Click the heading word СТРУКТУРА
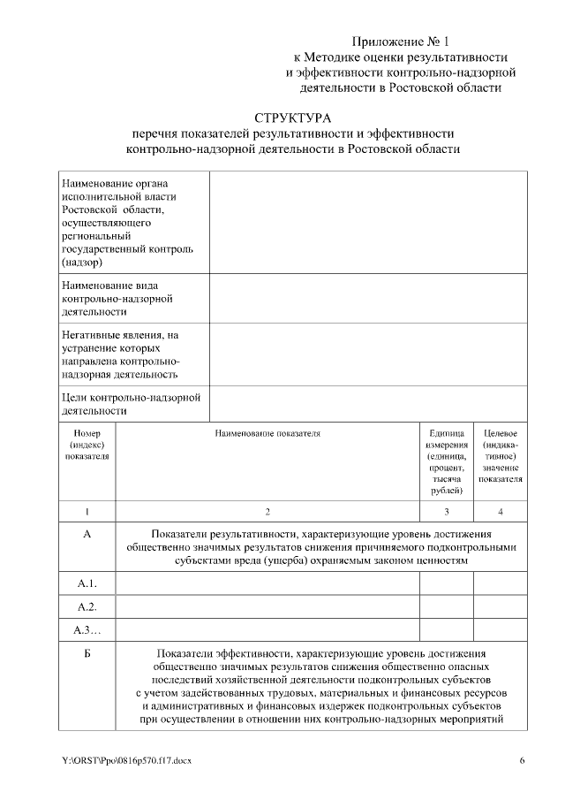(x=292, y=118)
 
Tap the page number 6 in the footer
(x=522, y=760)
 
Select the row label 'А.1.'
(x=87, y=583)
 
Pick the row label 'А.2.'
(x=87, y=606)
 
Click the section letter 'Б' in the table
(x=87, y=653)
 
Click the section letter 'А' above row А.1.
(x=87, y=534)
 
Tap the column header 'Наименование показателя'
(x=267, y=434)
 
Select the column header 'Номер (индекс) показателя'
(x=87, y=446)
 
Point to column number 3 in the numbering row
(x=446, y=512)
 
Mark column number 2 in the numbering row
(x=267, y=512)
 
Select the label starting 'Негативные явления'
(x=121, y=354)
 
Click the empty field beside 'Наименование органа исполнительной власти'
(x=368, y=221)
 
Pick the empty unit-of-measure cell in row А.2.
(x=446, y=606)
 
